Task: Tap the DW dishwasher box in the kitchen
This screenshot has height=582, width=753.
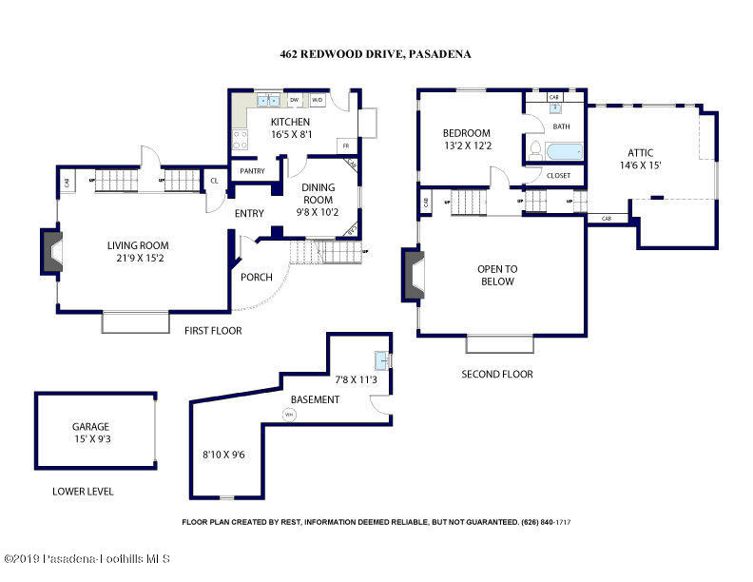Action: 295,99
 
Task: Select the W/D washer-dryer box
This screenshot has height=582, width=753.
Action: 318,99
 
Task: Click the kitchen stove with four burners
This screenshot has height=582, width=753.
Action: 240,140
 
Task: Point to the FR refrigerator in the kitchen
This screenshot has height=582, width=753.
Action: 346,145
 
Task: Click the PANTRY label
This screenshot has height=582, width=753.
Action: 252,171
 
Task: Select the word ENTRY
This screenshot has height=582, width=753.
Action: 249,213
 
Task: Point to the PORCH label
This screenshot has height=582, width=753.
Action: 258,278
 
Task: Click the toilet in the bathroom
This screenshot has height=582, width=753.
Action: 535,150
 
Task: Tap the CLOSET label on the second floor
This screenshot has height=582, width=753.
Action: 559,176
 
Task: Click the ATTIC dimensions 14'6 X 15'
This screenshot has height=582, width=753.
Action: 639,165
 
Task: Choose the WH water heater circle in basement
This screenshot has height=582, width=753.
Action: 290,415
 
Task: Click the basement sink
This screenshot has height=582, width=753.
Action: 380,360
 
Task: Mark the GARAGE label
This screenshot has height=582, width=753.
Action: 91,427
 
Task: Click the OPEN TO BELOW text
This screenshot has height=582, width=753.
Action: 496,275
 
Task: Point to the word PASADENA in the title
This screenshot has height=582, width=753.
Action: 439,54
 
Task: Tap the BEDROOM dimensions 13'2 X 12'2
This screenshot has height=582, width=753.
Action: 466,145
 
